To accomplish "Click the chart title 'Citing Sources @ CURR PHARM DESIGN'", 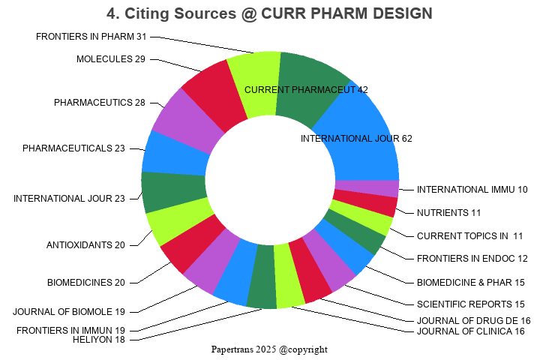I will click(x=269, y=13).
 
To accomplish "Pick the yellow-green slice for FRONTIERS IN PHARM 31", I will click(x=253, y=84).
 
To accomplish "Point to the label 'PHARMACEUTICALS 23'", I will click(x=73, y=148).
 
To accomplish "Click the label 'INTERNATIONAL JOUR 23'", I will click(x=69, y=199).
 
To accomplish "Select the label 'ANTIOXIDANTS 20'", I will click(x=85, y=245).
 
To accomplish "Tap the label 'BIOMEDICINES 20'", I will click(x=86, y=283).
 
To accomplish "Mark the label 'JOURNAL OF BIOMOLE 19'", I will click(x=69, y=311).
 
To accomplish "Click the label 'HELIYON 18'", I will click(x=99, y=340).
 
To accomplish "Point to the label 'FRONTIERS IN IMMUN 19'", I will click(x=70, y=330).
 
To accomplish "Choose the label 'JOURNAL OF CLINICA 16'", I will click(x=470, y=331).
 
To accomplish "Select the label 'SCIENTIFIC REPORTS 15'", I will click(x=470, y=304).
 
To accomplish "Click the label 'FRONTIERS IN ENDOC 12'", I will click(x=472, y=259).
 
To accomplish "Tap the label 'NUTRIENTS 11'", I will click(x=449, y=212).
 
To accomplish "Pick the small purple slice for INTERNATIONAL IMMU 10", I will click(x=366, y=188).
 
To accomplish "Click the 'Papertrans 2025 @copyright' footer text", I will click(x=269, y=349).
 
